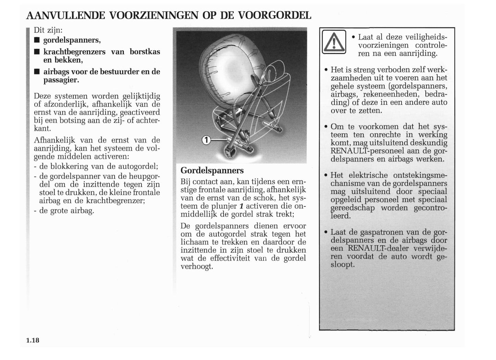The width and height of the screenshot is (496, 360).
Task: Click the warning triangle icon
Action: [x=334, y=42]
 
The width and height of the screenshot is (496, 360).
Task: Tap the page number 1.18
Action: [x=33, y=340]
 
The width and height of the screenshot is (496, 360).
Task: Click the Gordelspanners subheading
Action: [x=212, y=170]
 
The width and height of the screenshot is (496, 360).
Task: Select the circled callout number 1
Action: [x=206, y=140]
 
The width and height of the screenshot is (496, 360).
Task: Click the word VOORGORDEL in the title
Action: [x=274, y=15]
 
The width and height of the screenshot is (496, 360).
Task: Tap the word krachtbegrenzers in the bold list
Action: [x=74, y=52]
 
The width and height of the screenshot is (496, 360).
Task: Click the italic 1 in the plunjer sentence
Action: [x=241, y=206]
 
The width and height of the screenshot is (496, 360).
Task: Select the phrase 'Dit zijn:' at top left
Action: [x=48, y=30]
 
